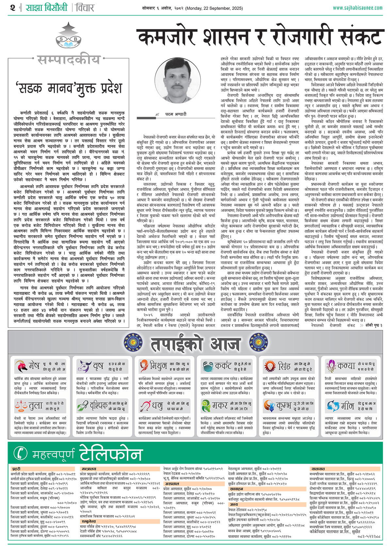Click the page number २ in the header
click(x=12, y=8)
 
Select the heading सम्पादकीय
click(x=69, y=60)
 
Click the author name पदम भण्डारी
click(x=175, y=114)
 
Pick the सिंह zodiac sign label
click(x=284, y=366)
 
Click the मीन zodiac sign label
click(x=347, y=406)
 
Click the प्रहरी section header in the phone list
click(x=16, y=469)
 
